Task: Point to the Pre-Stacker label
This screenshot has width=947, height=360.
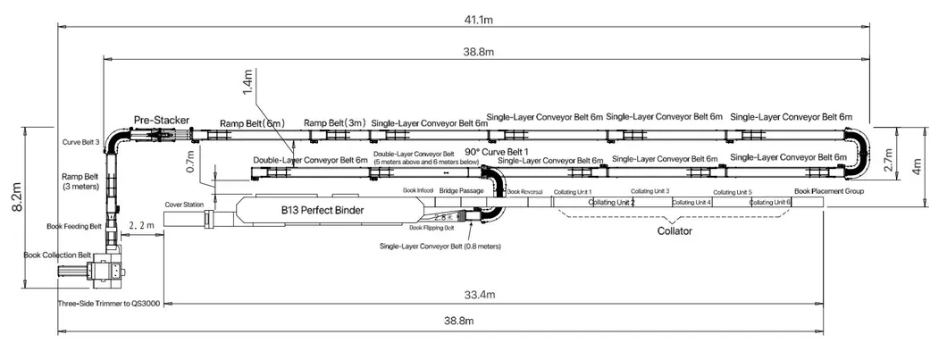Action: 158,119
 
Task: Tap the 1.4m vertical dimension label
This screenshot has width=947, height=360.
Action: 247,82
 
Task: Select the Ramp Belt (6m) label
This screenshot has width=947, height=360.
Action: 252,123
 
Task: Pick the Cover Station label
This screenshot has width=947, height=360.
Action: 184,205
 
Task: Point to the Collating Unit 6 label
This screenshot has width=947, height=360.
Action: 770,202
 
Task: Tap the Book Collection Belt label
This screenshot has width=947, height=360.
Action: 57,255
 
